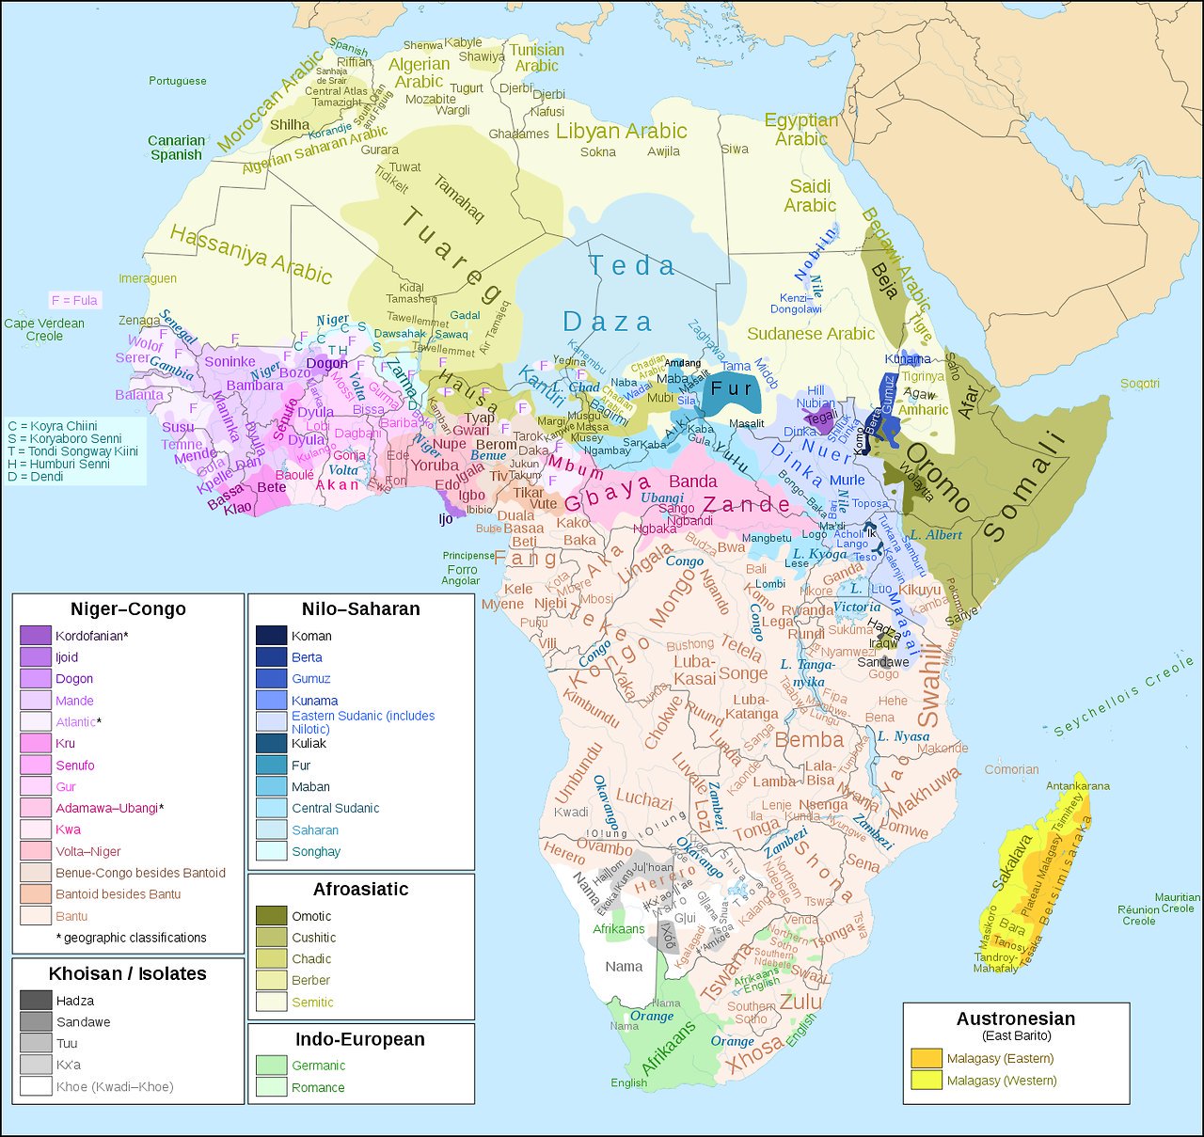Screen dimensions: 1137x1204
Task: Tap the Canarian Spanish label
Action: tap(176, 148)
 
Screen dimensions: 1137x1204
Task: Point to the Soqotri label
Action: tap(1139, 384)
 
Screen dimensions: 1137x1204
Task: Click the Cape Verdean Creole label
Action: tap(44, 329)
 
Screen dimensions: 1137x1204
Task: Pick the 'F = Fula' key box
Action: tap(74, 300)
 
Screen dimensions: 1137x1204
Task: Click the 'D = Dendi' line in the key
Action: tap(36, 477)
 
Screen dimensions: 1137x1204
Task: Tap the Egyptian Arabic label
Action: tap(800, 130)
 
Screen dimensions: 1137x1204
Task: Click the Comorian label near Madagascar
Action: tap(1011, 769)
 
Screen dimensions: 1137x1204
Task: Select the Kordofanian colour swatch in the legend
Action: tap(35, 636)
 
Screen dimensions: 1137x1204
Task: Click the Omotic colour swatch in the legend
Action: tap(271, 916)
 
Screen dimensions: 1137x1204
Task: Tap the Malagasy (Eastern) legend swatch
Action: tap(927, 1058)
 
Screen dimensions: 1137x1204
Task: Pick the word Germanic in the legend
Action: tap(318, 1066)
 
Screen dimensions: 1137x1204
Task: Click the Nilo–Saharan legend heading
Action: tap(360, 608)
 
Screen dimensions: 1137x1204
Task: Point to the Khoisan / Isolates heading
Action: tap(127, 973)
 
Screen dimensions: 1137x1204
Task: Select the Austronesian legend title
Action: tap(1015, 1019)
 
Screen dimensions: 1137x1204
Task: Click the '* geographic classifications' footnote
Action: tap(131, 938)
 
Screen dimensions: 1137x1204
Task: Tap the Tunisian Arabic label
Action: tap(537, 57)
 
